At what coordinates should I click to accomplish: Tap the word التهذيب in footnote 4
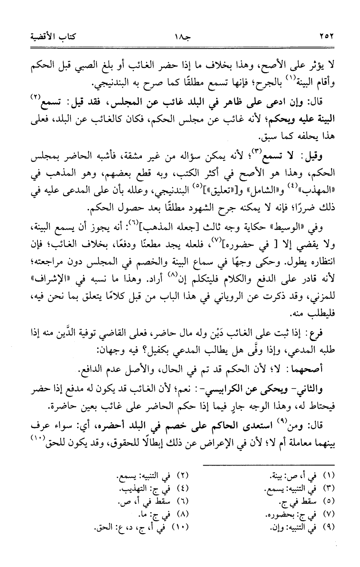pos(134,489)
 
